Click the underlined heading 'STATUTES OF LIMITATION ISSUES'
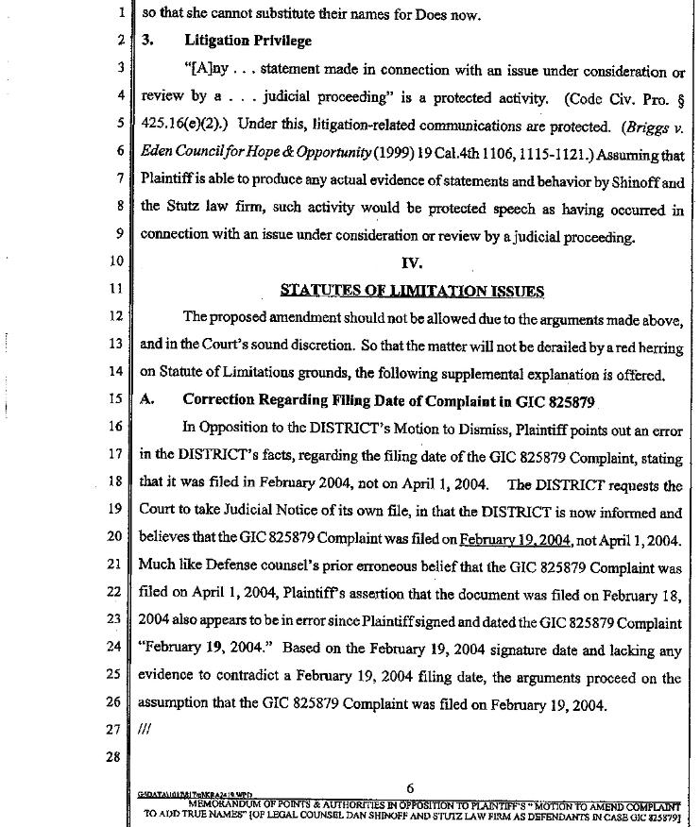tap(412, 290)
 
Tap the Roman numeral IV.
tap(412, 262)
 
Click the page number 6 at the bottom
tap(410, 789)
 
